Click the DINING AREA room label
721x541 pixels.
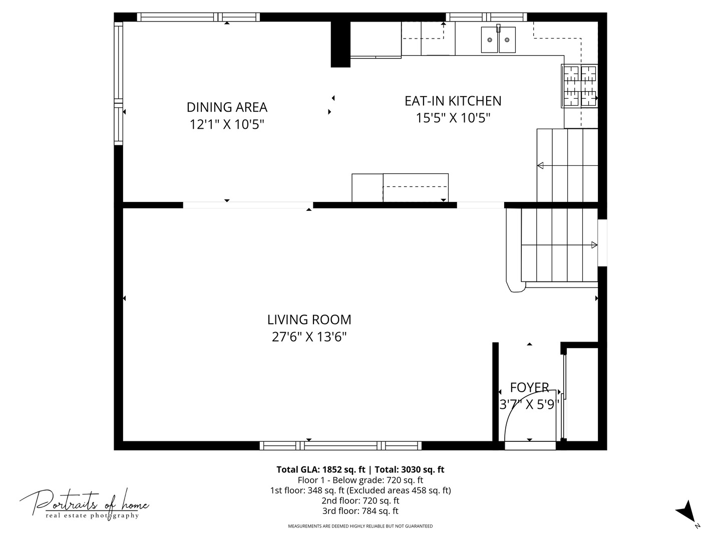(x=227, y=107)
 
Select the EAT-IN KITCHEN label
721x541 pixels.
(x=453, y=101)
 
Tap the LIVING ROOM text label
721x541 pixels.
(x=309, y=320)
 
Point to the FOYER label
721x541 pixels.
(x=529, y=387)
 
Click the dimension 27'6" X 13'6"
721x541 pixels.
(x=309, y=337)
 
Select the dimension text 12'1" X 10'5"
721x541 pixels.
(x=227, y=124)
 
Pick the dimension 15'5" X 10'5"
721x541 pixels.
(x=453, y=118)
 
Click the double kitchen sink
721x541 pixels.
(x=498, y=39)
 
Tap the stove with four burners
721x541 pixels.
(x=580, y=86)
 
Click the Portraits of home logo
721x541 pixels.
(x=84, y=503)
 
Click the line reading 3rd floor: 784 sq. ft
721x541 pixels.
(x=360, y=511)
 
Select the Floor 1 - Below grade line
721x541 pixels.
(x=360, y=480)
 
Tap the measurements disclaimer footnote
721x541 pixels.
(x=360, y=526)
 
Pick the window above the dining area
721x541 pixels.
(x=198, y=17)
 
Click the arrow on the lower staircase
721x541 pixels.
(x=594, y=245)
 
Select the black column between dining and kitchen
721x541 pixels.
(x=340, y=44)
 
